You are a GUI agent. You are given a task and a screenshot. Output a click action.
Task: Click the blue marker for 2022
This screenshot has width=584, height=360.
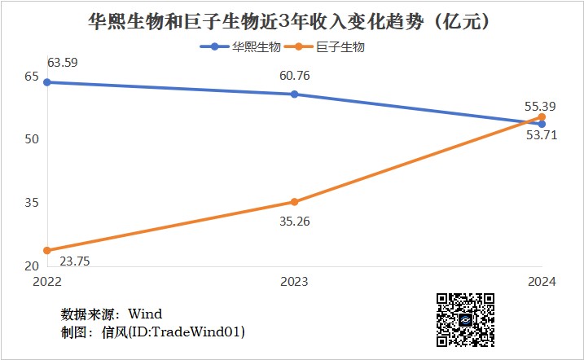click(47, 82)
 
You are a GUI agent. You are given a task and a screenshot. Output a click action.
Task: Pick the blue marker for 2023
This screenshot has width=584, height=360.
click(294, 94)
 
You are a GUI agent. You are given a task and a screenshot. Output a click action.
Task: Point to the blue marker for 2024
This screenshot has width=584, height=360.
click(541, 124)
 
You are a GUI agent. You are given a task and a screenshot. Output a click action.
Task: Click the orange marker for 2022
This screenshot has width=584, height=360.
click(47, 250)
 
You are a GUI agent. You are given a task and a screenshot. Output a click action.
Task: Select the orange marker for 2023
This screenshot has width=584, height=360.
click(294, 202)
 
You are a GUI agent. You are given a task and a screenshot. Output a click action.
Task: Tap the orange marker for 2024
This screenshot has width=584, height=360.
click(541, 117)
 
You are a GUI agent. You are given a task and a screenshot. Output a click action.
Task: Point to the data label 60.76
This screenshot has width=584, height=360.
click(294, 77)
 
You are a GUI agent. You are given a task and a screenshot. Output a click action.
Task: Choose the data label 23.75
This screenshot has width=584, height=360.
click(77, 261)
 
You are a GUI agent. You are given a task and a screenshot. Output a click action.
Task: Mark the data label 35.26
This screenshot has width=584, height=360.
click(294, 221)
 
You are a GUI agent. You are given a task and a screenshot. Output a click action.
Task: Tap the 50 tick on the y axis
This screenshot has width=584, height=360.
click(32, 139)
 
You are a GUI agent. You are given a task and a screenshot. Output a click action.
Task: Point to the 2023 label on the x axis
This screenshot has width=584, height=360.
click(294, 282)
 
